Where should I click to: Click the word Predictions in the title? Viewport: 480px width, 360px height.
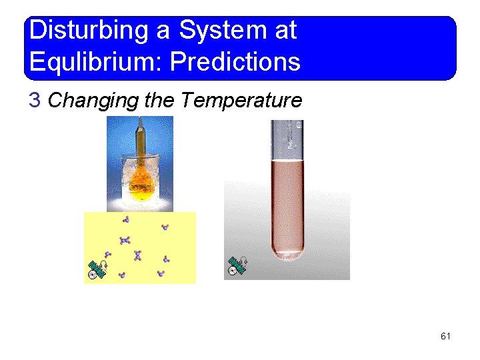[x=235, y=62]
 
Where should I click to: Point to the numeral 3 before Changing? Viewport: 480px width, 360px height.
[x=35, y=101]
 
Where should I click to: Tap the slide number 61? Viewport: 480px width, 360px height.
[x=445, y=336]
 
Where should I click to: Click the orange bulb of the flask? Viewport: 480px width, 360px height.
[x=141, y=178]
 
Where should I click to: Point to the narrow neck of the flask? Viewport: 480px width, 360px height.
[x=141, y=140]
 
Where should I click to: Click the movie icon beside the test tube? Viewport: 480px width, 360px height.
[x=237, y=265]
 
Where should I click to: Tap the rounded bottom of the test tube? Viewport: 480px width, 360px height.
[x=287, y=252]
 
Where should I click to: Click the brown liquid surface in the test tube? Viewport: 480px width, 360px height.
[x=287, y=162]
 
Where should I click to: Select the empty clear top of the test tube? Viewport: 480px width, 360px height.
[x=287, y=140]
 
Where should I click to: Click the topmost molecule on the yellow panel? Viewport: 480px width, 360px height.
[x=126, y=219]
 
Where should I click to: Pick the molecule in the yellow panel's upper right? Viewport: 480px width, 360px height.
[x=165, y=227]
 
